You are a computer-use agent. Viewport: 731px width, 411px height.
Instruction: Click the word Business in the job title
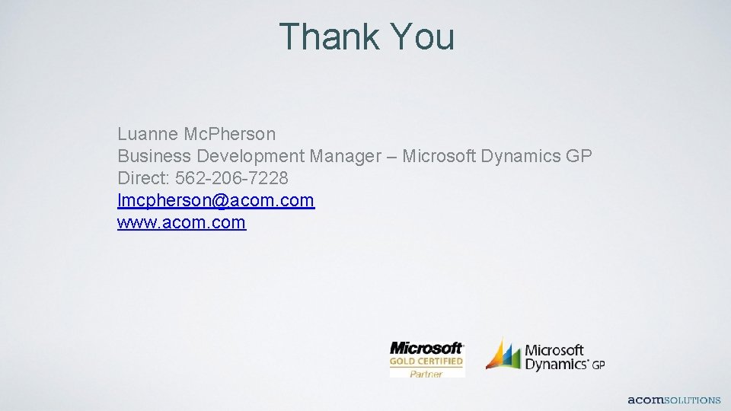click(x=155, y=156)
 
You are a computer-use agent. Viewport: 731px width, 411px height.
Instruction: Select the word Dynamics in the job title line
click(x=522, y=156)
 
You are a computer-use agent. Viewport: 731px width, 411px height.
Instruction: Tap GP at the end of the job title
click(x=579, y=156)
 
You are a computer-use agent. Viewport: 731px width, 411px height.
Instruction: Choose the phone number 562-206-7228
click(x=231, y=178)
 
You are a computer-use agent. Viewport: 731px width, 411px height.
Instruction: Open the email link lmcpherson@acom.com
click(x=215, y=200)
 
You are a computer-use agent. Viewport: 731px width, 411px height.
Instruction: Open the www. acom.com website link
click(x=181, y=222)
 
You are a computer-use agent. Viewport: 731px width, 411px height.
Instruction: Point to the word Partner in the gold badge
click(x=426, y=374)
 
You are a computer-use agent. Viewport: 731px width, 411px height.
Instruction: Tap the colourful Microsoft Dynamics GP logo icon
click(x=503, y=355)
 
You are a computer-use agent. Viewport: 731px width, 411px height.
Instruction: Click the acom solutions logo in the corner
click(x=674, y=400)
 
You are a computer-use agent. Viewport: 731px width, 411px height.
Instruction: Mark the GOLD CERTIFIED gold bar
click(x=426, y=362)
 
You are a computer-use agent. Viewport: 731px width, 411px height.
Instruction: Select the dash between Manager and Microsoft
click(x=391, y=156)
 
